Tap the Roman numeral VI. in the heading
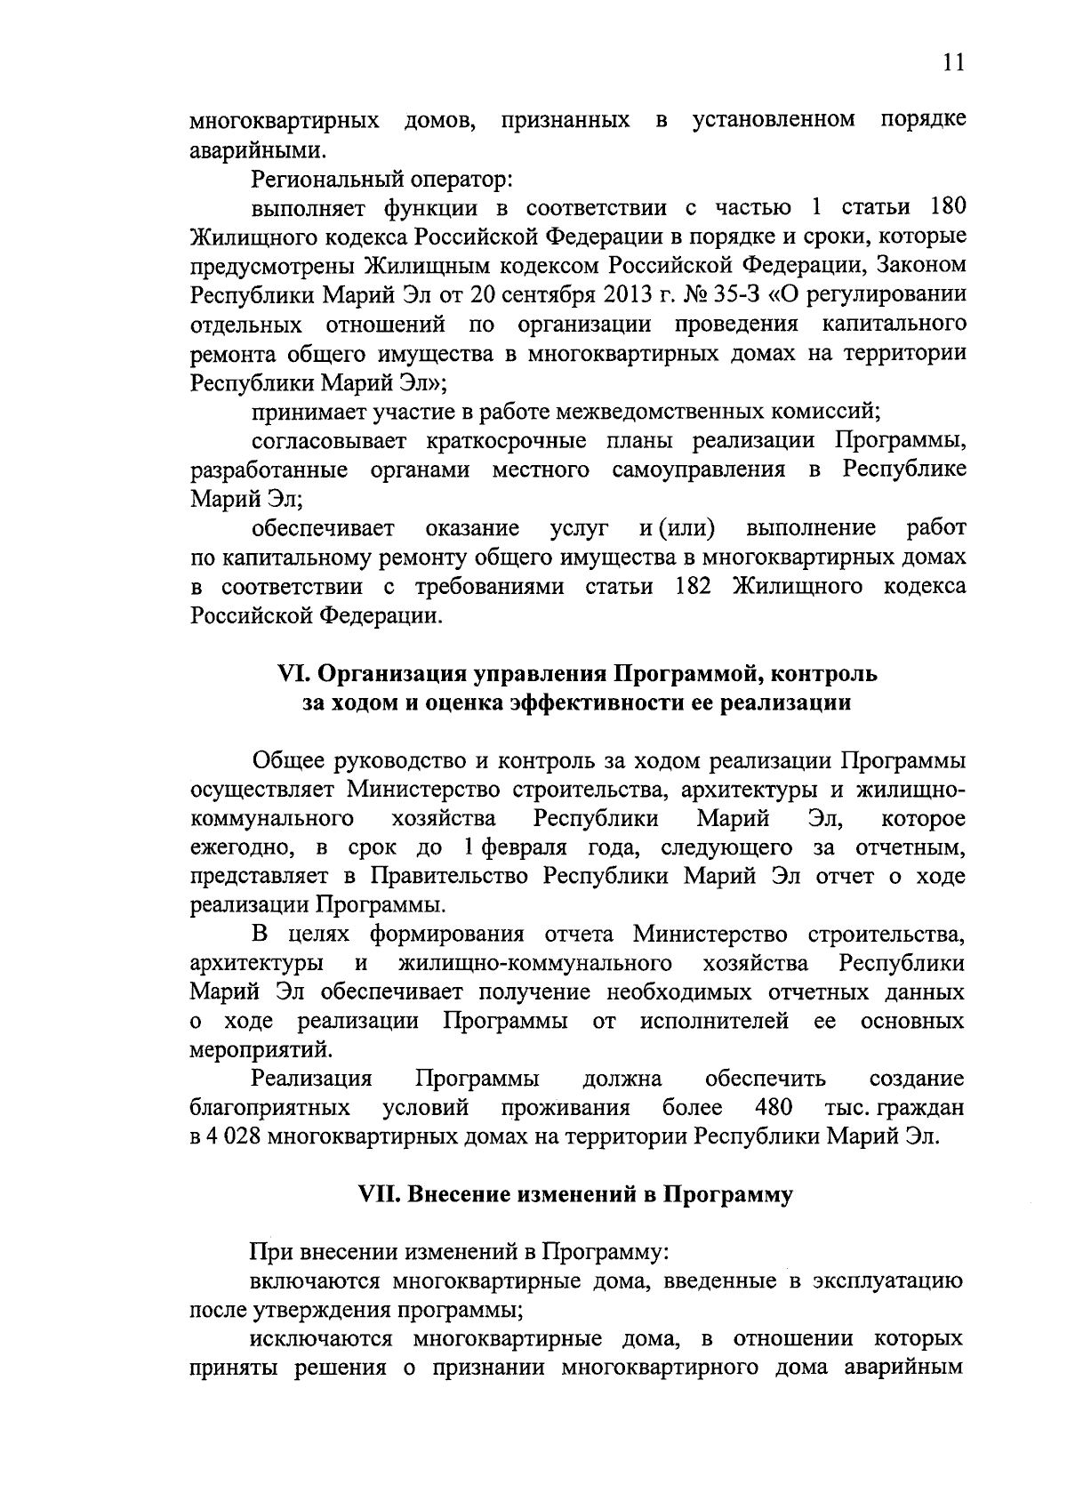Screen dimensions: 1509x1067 pyautogui.click(x=295, y=674)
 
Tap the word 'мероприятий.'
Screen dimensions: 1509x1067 pyautogui.click(x=261, y=1050)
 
